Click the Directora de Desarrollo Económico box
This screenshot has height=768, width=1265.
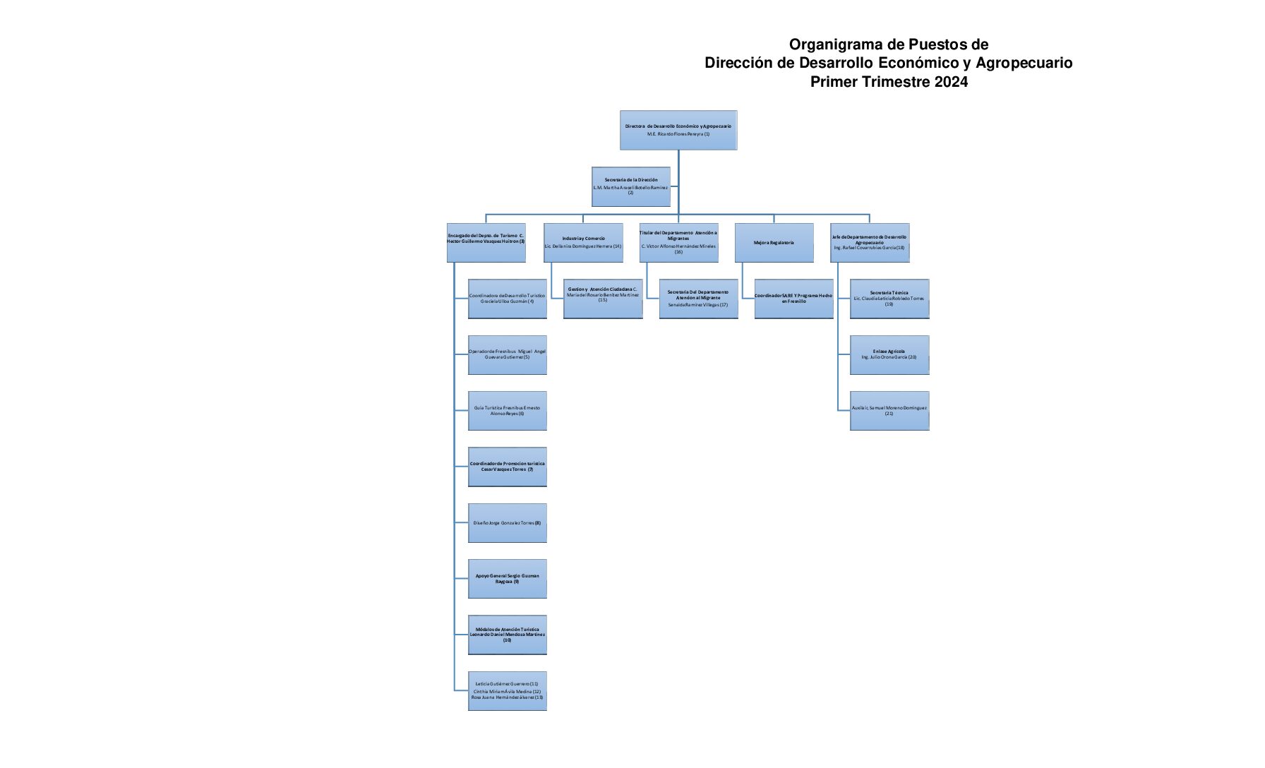[x=678, y=130]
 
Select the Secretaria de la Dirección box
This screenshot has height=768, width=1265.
[x=630, y=186]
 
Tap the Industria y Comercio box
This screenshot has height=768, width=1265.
[x=583, y=243]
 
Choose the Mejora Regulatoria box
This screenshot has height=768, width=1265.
[x=774, y=243]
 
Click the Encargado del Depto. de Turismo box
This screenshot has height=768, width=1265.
[x=486, y=243]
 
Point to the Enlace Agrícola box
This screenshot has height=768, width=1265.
[x=889, y=354]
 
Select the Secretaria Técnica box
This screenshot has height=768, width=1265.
[x=889, y=299]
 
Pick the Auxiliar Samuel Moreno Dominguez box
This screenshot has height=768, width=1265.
[x=889, y=410]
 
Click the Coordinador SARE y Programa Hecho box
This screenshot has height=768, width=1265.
[x=793, y=299]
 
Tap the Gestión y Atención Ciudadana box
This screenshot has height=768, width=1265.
[x=602, y=299]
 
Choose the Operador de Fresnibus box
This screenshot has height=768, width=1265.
[x=507, y=354]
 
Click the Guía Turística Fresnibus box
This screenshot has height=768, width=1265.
[x=507, y=410]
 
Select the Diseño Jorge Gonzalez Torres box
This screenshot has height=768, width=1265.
[x=507, y=522]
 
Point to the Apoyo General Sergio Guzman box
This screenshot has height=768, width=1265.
[x=507, y=578]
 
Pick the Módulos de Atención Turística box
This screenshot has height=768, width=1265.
[x=507, y=635]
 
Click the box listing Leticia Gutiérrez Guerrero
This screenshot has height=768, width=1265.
[x=507, y=690]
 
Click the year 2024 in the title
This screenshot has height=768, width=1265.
[x=951, y=81]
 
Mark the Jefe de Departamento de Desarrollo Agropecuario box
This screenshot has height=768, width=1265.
[x=869, y=243]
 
